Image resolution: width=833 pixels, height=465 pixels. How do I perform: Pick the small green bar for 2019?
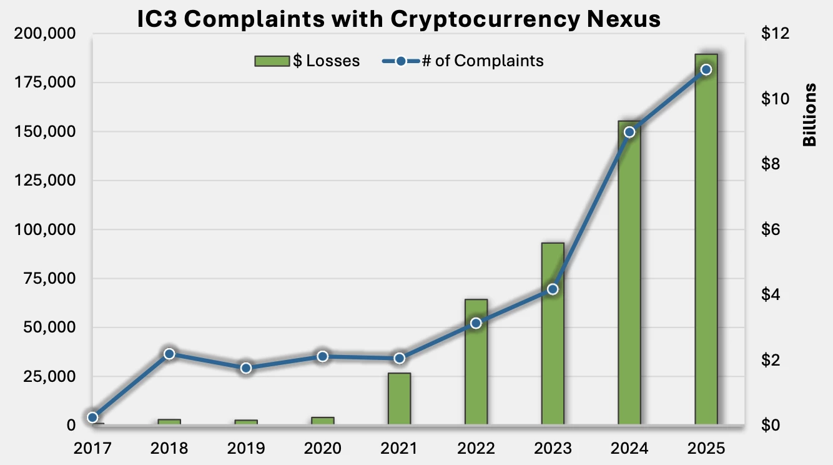point(246,422)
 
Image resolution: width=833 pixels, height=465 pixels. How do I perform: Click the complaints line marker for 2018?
point(169,354)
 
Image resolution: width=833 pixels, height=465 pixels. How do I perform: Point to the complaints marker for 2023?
point(553,289)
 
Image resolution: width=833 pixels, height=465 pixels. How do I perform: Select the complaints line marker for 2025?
point(706,69)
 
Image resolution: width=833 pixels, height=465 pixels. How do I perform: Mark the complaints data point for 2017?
point(92,417)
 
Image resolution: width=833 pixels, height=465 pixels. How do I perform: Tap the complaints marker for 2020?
point(322,356)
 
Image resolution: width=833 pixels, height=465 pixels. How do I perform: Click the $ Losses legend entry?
point(307,61)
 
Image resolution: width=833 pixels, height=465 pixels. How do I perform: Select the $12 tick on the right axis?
point(775,34)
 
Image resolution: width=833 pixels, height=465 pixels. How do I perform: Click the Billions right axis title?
point(810,114)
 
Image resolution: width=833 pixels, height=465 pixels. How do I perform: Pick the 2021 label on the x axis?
point(399,449)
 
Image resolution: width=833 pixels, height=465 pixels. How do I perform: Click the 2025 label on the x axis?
point(706,449)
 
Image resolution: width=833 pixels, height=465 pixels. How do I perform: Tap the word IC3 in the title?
point(159,19)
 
